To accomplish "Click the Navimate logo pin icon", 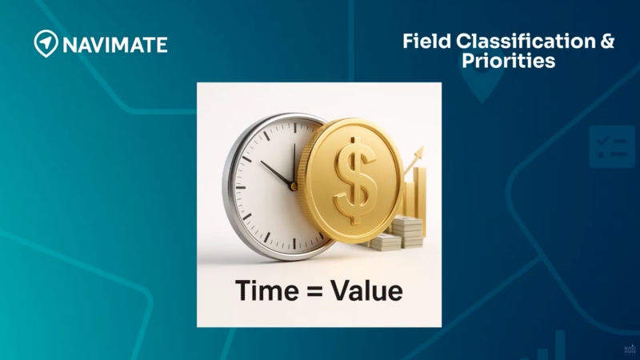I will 46,43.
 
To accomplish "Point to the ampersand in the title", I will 607,42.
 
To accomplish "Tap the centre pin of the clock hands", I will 293,186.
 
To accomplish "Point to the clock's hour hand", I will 277,174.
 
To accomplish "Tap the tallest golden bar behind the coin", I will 420,195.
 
